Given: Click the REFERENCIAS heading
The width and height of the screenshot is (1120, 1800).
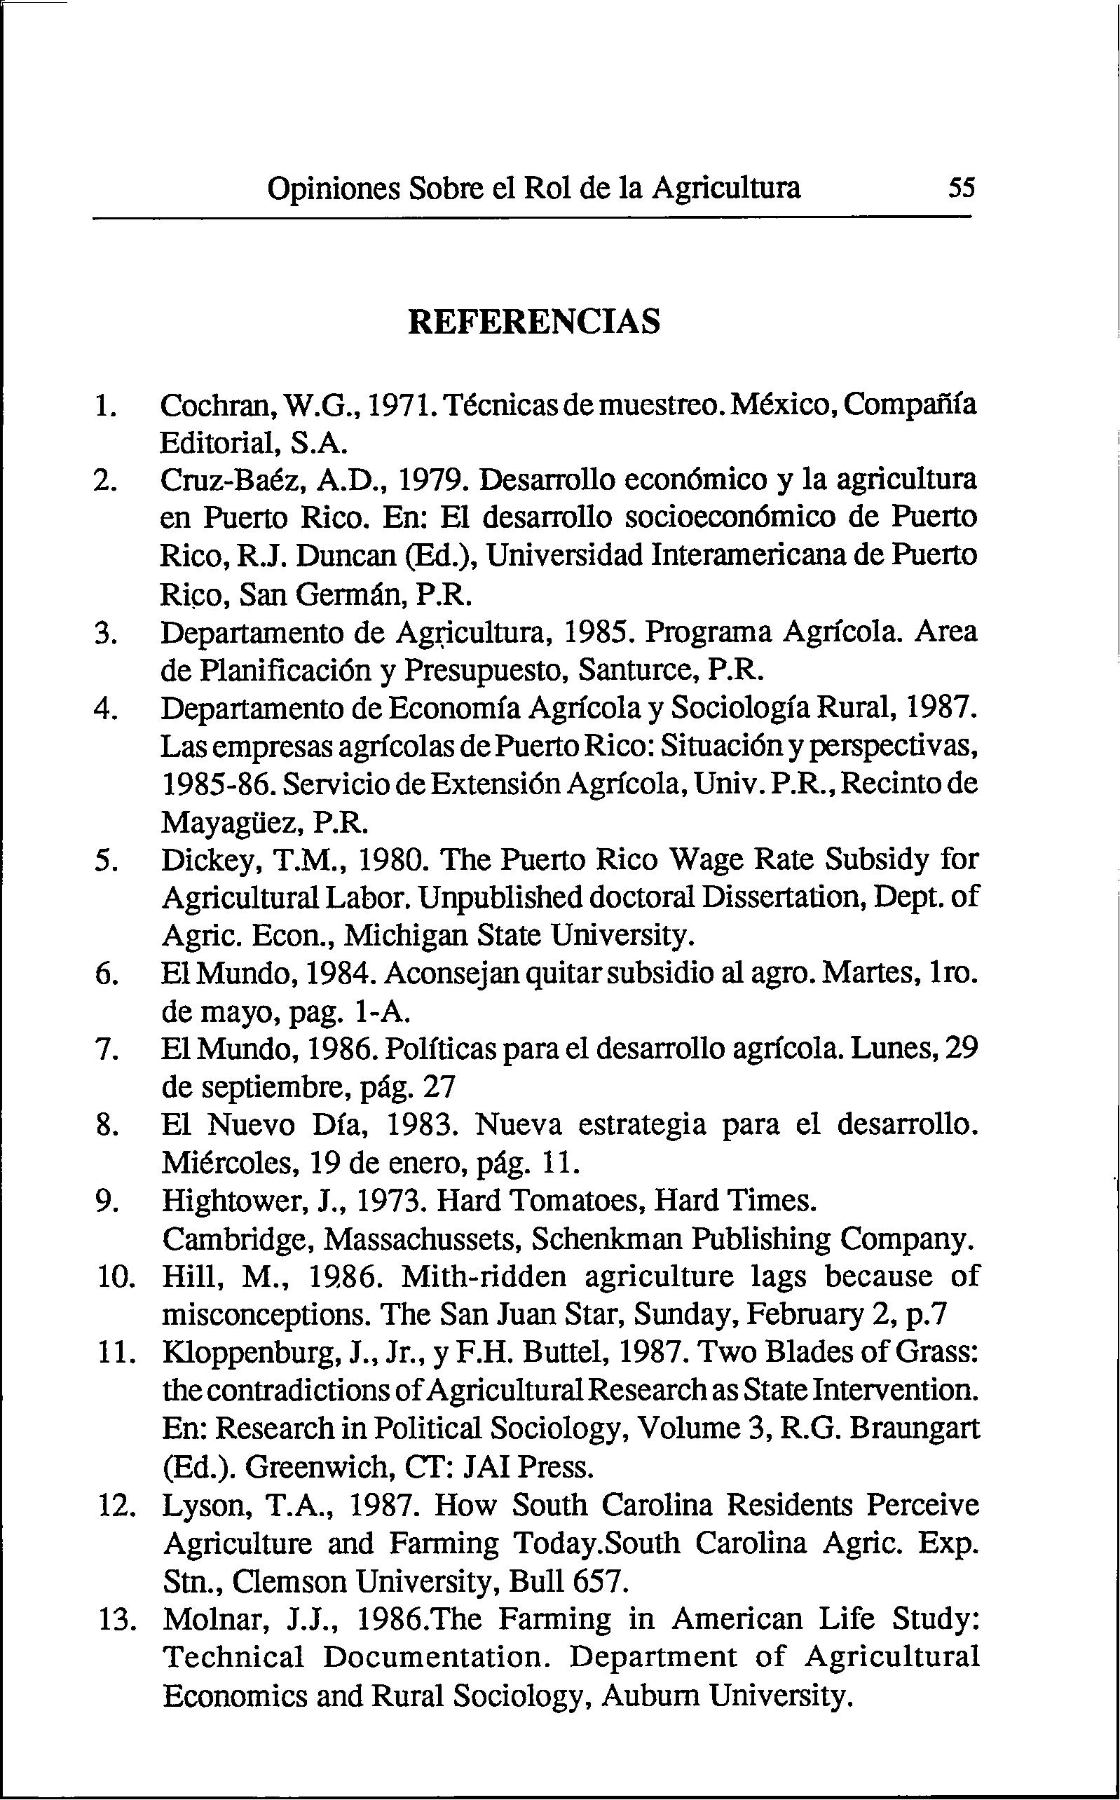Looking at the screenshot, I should pos(533,322).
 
